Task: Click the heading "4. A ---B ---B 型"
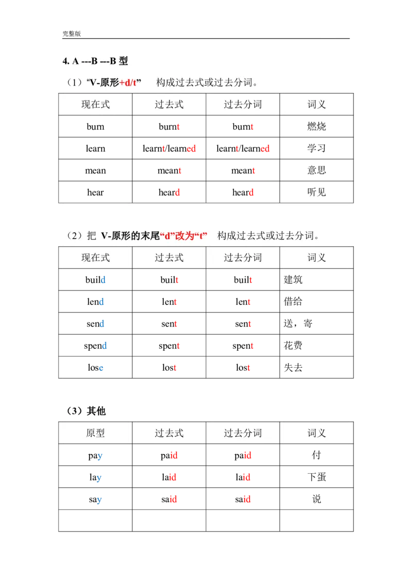(x=95, y=61)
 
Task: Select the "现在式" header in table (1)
(x=96, y=105)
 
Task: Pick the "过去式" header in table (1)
(x=169, y=105)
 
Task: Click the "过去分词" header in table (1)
(x=243, y=105)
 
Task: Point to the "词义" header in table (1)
(x=317, y=105)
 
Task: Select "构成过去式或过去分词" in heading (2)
(x=268, y=236)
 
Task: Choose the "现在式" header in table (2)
(x=96, y=258)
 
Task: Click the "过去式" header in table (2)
(x=169, y=258)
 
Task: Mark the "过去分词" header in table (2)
(x=243, y=258)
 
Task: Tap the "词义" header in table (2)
(x=317, y=258)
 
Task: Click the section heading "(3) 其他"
(x=86, y=411)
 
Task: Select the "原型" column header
(x=96, y=433)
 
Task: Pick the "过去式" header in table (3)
(x=169, y=433)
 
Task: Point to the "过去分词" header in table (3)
(x=243, y=433)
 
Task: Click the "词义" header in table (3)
(x=317, y=433)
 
